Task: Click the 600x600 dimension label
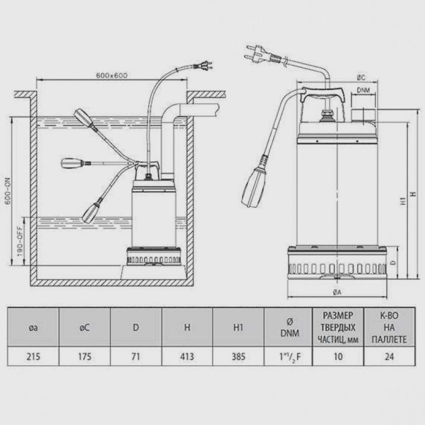pyautogui.click(x=112, y=75)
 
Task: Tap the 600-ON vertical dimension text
pyautogui.click(x=8, y=191)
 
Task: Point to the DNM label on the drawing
pyautogui.click(x=363, y=90)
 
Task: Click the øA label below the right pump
pyautogui.click(x=337, y=292)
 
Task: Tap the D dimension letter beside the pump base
pyautogui.click(x=394, y=263)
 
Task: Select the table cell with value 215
pyautogui.click(x=33, y=356)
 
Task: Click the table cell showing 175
pyautogui.click(x=84, y=356)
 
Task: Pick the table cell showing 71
pyautogui.click(x=136, y=356)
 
